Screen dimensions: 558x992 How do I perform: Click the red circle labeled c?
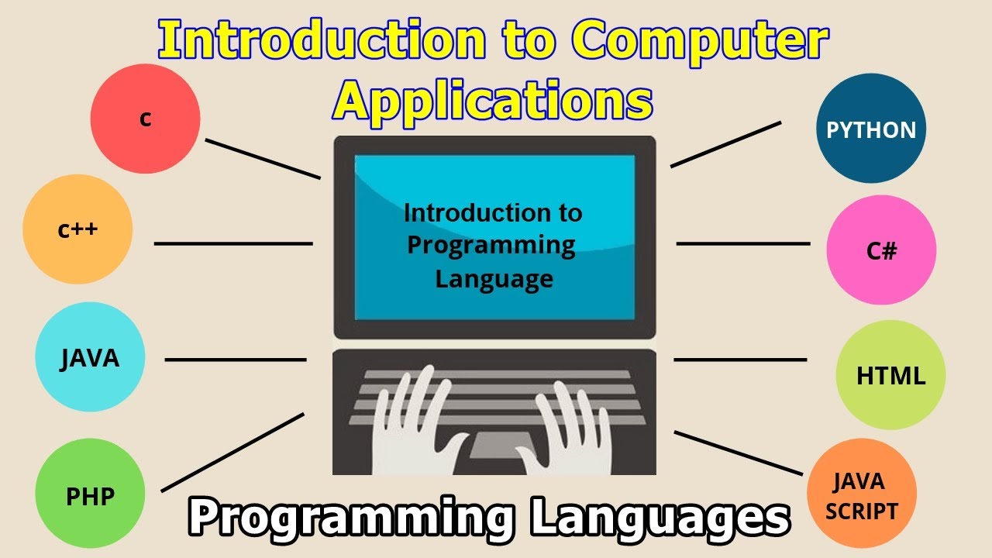pyautogui.click(x=145, y=119)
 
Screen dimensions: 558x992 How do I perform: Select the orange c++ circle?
pyautogui.click(x=77, y=229)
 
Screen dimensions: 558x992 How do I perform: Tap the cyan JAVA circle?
pyautogui.click(x=90, y=357)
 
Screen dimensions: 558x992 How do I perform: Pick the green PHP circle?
pyautogui.click(x=90, y=494)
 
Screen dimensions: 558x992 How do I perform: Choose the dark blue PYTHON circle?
pyautogui.click(x=871, y=129)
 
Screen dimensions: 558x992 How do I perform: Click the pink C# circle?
pyautogui.click(x=881, y=250)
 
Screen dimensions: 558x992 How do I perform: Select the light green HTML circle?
pyautogui.click(x=890, y=375)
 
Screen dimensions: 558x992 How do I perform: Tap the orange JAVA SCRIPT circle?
pyautogui.click(x=861, y=494)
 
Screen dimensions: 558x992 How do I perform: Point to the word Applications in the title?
pyautogui.click(x=493, y=100)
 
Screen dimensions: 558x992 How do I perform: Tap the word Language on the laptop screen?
pyautogui.click(x=494, y=277)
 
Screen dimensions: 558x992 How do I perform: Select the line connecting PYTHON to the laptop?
pyautogui.click(x=725, y=144)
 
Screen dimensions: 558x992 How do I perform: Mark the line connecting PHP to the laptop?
pyautogui.click(x=232, y=452)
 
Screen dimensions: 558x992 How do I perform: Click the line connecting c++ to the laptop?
pyautogui.click(x=233, y=243)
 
